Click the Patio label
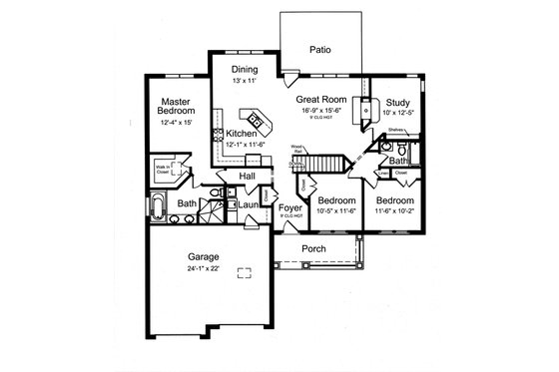click(x=318, y=48)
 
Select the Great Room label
click(x=320, y=100)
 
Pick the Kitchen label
click(x=242, y=133)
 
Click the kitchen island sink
click(x=256, y=121)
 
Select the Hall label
click(x=248, y=177)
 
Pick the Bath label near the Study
click(x=396, y=161)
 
